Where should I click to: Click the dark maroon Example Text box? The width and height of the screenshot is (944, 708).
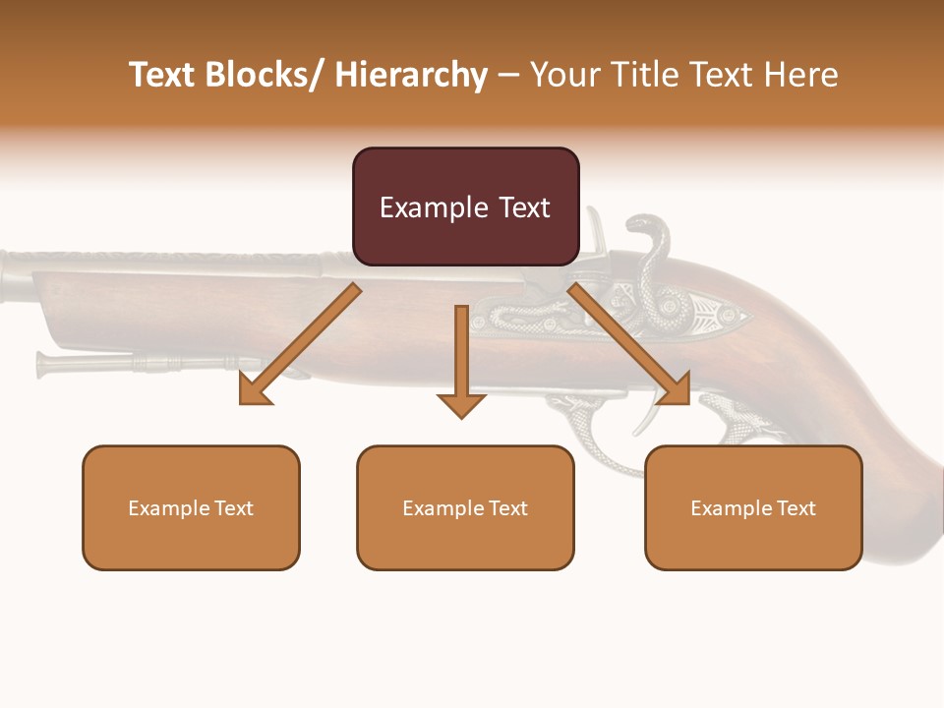[465, 206]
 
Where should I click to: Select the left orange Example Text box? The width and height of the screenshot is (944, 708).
[191, 507]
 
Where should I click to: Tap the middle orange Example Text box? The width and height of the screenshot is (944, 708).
[465, 507]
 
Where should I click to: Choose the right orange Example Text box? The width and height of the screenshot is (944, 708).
[753, 507]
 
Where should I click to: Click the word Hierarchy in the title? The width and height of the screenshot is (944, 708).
[411, 75]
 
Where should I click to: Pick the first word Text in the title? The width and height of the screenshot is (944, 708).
[163, 75]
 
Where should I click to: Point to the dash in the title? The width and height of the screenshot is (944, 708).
[508, 76]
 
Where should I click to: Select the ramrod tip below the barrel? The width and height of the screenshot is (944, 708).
[45, 363]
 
